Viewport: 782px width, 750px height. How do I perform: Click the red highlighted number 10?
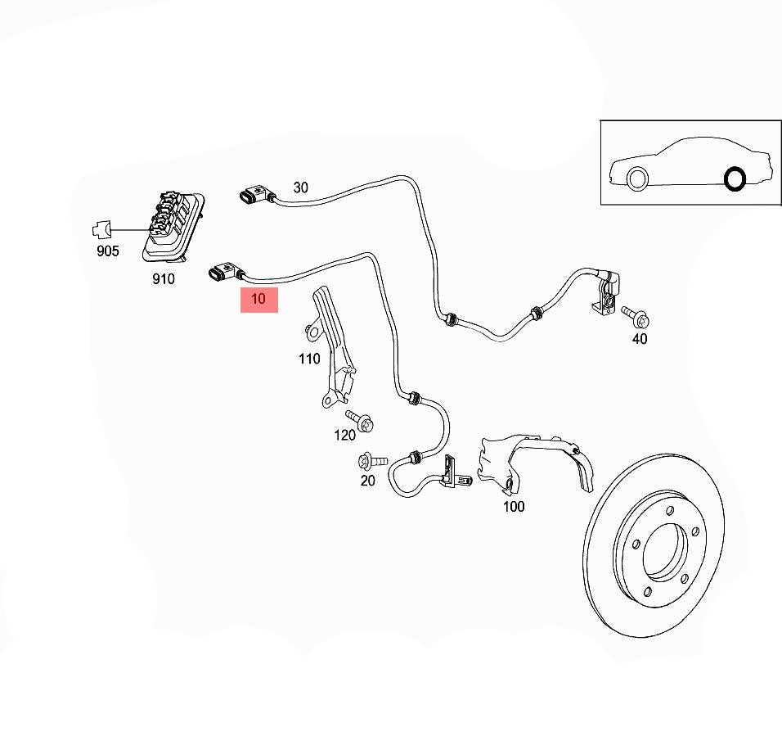click(258, 300)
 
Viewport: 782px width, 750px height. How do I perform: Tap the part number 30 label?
click(301, 187)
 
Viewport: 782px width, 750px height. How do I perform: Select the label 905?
click(108, 251)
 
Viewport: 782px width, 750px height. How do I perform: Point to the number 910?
click(164, 279)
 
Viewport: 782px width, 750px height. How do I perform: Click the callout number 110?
click(309, 358)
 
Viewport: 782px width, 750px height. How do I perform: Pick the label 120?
click(344, 435)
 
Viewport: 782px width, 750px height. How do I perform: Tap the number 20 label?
click(368, 481)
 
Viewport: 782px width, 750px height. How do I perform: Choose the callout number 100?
click(514, 507)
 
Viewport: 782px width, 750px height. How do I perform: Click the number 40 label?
click(640, 339)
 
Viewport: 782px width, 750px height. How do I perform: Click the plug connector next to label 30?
click(255, 195)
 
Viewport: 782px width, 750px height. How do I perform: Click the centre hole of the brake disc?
click(664, 554)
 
